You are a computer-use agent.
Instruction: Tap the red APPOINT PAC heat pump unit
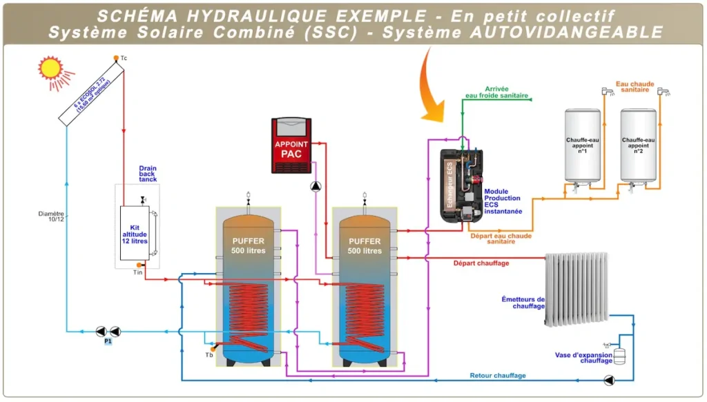pos(291,145)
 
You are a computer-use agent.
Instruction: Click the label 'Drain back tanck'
pos(148,174)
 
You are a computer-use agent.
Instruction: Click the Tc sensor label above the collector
pos(124,59)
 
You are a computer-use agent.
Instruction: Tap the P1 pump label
pos(108,341)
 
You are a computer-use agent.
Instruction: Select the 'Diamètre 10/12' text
pos(52,217)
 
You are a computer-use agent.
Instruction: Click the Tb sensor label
pos(209,355)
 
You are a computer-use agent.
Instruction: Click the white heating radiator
pos(577,289)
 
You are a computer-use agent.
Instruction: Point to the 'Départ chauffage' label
pos(481,263)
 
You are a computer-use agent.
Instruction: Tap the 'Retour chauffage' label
pos(498,376)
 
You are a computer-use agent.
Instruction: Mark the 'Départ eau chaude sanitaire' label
pos(501,239)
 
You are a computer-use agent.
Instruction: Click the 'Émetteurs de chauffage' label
pos(523,303)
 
